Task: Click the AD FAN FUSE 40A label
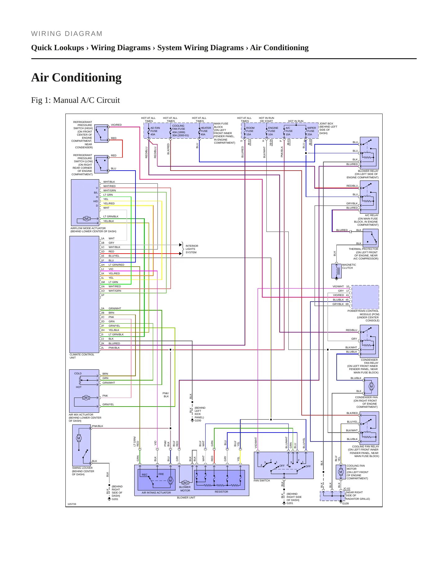pos(155,131)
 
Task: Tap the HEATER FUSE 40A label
pos(206,131)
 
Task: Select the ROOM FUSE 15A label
pos(250,131)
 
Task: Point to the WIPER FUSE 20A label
pos(312,131)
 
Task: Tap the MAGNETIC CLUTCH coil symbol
pos(337,271)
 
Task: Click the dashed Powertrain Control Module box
pos(365,297)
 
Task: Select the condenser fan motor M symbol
pos(371,386)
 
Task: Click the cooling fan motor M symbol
pos(341,472)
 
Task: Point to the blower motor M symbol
pos(185,483)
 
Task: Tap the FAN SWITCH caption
pos(262,481)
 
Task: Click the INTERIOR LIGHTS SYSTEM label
pos(192,249)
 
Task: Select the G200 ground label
pos(198,420)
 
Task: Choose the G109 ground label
pos(345,503)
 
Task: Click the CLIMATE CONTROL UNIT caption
pos(82,356)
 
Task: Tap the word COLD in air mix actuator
pos(78,373)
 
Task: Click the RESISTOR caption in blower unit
pos(221,492)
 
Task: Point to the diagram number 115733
pos(72,504)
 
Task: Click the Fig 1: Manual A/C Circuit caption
pos(75,100)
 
